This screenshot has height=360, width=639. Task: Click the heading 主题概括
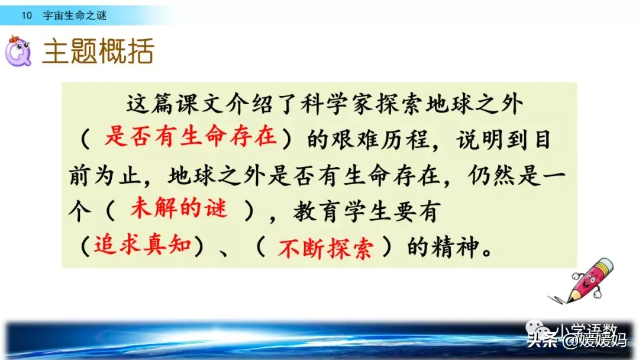pos(98,53)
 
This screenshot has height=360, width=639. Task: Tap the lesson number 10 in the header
pos(25,15)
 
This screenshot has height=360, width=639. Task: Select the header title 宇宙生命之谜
pos(75,15)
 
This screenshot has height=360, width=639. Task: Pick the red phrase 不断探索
pos(325,247)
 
